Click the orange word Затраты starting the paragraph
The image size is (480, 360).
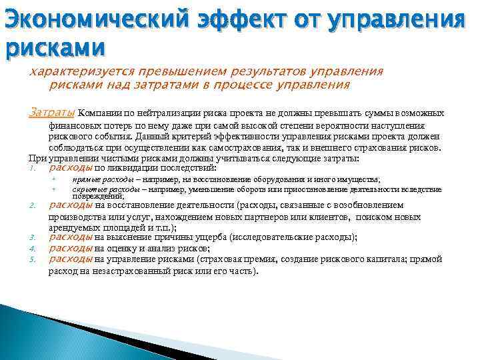(x=53, y=113)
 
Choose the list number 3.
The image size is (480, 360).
(x=31, y=237)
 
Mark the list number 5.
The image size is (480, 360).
(x=31, y=260)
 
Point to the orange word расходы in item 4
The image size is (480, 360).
(x=71, y=248)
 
